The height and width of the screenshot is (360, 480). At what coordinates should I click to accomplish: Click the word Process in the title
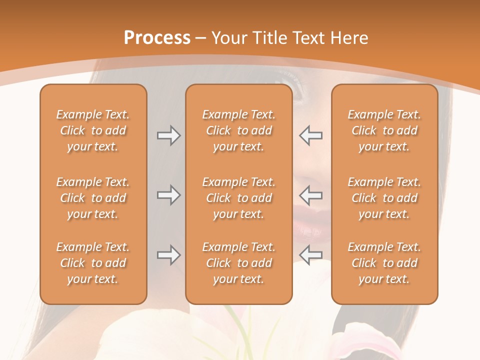(157, 38)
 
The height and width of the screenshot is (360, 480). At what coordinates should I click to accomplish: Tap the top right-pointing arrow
(168, 135)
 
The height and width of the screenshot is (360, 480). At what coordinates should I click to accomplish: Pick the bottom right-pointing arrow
(168, 255)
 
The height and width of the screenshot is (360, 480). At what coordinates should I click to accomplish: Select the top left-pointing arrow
(311, 135)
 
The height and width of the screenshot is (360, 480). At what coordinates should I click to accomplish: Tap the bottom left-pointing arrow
(311, 255)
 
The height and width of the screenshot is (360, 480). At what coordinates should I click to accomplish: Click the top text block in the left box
(93, 130)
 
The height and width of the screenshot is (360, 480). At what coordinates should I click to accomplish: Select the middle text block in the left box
(93, 198)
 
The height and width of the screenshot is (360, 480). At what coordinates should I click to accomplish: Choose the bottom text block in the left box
(93, 263)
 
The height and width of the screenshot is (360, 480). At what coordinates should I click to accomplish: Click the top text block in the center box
(239, 130)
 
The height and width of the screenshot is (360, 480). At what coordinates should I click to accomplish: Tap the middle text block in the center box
(239, 198)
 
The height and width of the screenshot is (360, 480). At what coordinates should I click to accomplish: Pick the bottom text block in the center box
(239, 263)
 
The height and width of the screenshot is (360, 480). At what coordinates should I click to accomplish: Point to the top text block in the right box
(384, 130)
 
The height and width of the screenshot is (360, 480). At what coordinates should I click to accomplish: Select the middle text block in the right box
(384, 198)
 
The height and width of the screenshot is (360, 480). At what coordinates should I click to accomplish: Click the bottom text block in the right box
(384, 263)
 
